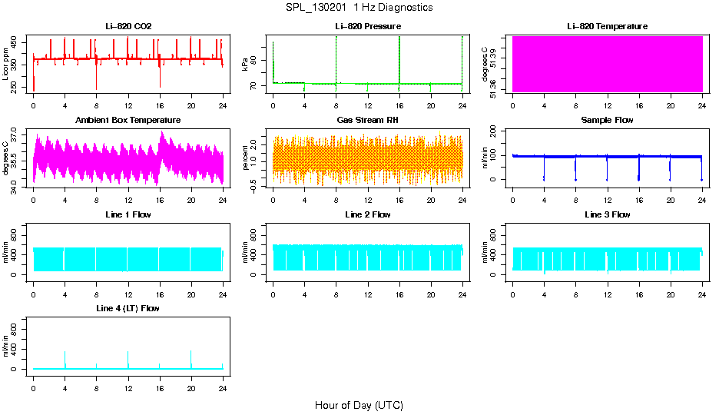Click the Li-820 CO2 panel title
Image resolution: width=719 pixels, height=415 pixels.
tap(128, 27)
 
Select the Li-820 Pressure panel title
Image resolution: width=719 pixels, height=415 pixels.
tap(367, 27)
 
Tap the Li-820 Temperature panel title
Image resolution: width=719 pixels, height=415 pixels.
tap(607, 27)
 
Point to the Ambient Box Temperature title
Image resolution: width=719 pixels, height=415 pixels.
tap(128, 121)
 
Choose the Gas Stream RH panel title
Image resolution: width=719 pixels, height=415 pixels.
tap(367, 121)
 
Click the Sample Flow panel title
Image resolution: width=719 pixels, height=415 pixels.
tap(607, 121)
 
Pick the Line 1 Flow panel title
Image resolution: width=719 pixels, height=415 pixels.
tap(128, 214)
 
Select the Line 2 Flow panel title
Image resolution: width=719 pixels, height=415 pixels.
tap(367, 214)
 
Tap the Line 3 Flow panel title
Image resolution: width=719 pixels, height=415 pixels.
tap(607, 214)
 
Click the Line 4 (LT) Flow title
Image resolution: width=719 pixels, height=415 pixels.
tap(128, 308)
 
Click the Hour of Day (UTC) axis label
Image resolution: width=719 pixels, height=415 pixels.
tap(359, 405)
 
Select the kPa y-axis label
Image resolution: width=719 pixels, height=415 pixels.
tap(246, 65)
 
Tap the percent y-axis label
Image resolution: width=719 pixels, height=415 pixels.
tap(246, 159)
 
